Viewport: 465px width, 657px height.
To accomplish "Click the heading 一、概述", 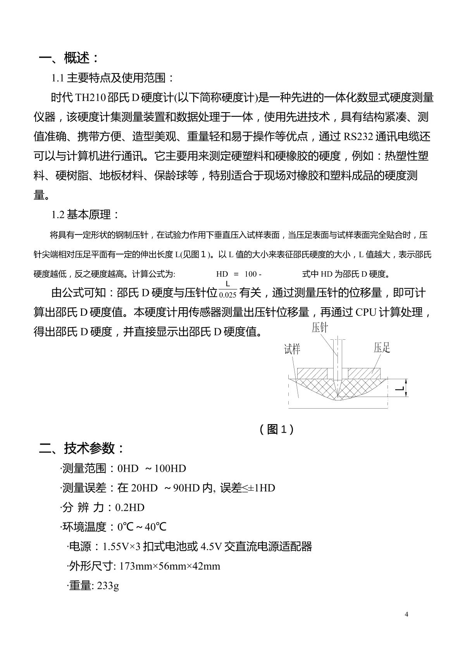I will click(x=69, y=58).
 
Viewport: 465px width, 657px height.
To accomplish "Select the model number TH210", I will click(x=90, y=98).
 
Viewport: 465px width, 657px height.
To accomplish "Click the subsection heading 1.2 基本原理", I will click(x=85, y=215).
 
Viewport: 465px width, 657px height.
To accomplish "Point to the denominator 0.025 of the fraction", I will click(x=227, y=295).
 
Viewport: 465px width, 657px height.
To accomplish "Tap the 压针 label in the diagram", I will click(x=320, y=328).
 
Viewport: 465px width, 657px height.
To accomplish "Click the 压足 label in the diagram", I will click(x=382, y=347).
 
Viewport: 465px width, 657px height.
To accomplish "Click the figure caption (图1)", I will click(x=276, y=429).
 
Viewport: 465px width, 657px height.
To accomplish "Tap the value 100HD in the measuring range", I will click(x=170, y=469).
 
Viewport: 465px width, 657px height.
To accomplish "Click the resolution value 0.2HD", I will click(x=130, y=508).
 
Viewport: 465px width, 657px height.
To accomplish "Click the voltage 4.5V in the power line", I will click(x=211, y=547).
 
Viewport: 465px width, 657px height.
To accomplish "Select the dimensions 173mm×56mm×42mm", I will click(x=170, y=566).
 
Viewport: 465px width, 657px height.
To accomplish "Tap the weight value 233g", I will click(x=108, y=586).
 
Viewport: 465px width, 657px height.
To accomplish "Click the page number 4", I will click(x=406, y=614).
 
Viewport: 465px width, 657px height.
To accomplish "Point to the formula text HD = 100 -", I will click(x=239, y=274).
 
